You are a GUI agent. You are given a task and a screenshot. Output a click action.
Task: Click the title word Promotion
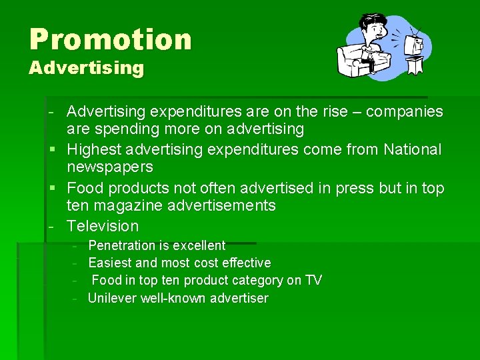point(110,39)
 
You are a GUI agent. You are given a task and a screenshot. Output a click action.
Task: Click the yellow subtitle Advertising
point(86,68)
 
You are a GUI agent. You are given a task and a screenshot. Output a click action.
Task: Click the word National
point(412,150)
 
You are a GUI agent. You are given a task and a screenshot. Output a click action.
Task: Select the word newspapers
point(110,167)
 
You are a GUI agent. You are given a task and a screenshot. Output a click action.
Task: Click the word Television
point(103,226)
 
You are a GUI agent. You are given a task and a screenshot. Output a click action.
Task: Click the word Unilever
point(112,298)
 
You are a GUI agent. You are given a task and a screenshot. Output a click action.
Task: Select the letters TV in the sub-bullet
point(313,280)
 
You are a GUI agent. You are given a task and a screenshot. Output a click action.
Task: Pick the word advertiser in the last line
point(239,298)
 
